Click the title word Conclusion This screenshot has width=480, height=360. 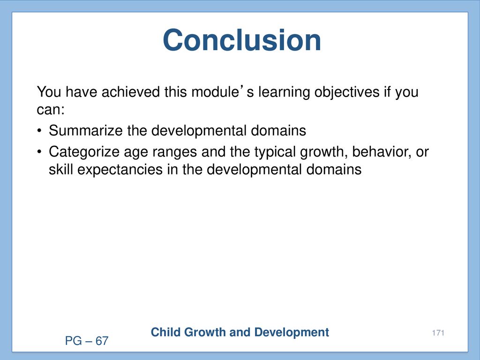242,40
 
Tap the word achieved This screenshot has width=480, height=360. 131,92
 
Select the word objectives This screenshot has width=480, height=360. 347,92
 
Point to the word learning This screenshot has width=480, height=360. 285,92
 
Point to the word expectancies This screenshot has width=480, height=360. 120,170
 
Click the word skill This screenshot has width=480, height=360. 61,169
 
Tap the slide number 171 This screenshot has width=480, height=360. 438,333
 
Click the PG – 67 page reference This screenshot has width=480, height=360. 87,341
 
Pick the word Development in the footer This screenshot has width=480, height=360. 292,333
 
